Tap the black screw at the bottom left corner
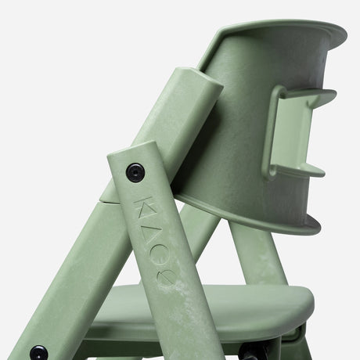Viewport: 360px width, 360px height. pos(37,352)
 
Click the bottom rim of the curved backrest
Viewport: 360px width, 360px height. pos(258,223)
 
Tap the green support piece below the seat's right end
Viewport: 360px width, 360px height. pos(293,344)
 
